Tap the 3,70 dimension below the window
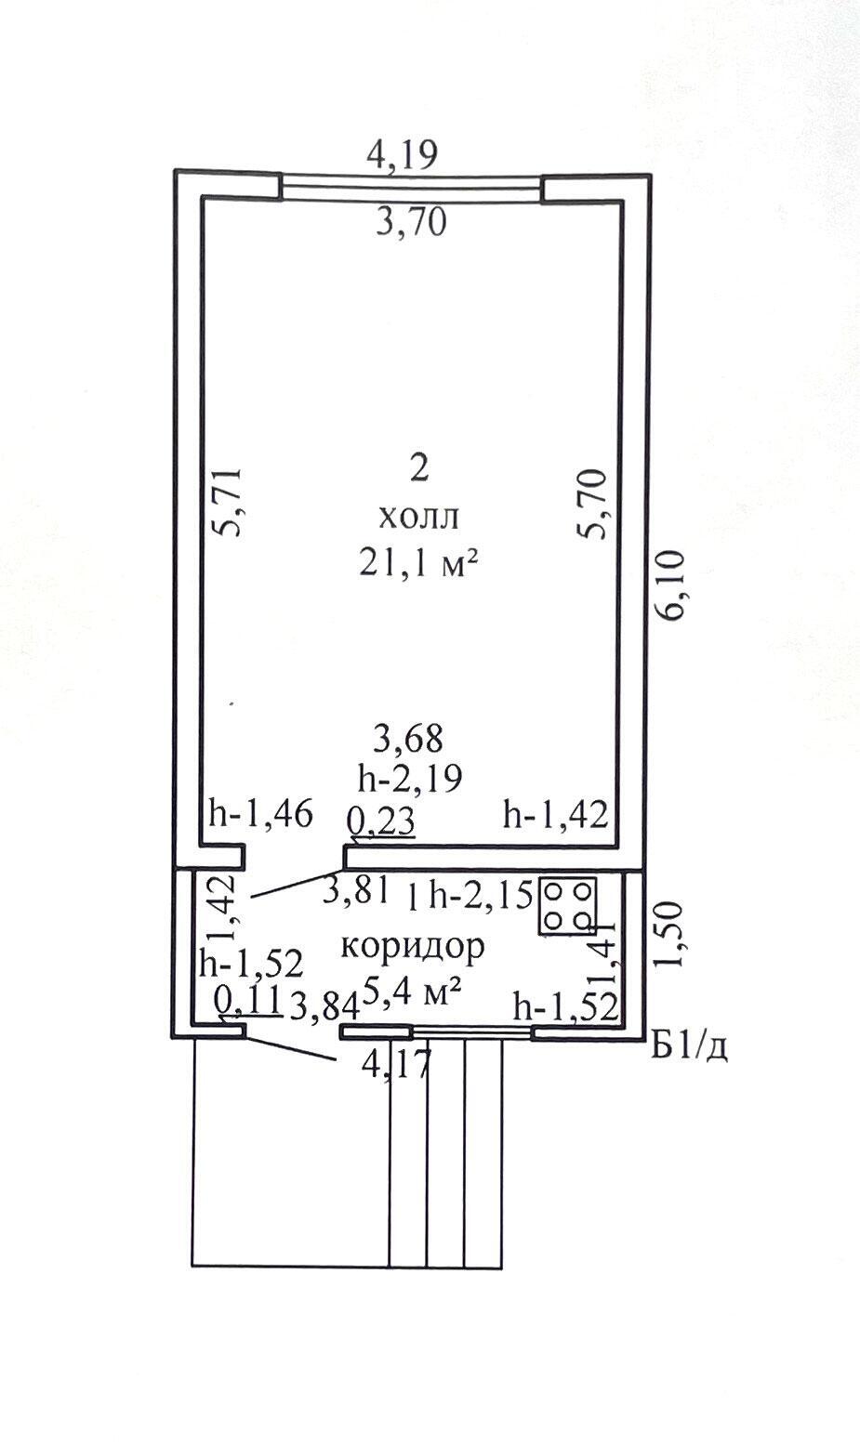coord(411,223)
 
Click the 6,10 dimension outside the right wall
coord(671,585)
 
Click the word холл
coord(418,518)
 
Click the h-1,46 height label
coord(261,813)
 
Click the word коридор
coord(413,947)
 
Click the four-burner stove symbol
coord(568,905)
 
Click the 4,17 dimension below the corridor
coord(396,1065)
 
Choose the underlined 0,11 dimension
coord(248,1002)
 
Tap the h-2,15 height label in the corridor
coord(479,896)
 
